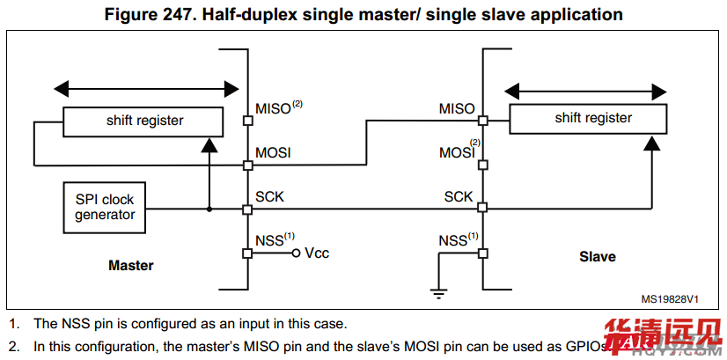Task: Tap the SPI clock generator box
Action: click(104, 207)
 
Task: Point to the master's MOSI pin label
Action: click(273, 152)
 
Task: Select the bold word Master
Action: click(130, 265)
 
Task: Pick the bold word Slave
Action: click(597, 257)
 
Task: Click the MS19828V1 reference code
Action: click(671, 299)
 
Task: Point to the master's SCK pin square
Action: click(247, 209)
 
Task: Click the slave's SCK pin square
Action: click(482, 209)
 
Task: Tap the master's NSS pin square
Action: click(247, 253)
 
